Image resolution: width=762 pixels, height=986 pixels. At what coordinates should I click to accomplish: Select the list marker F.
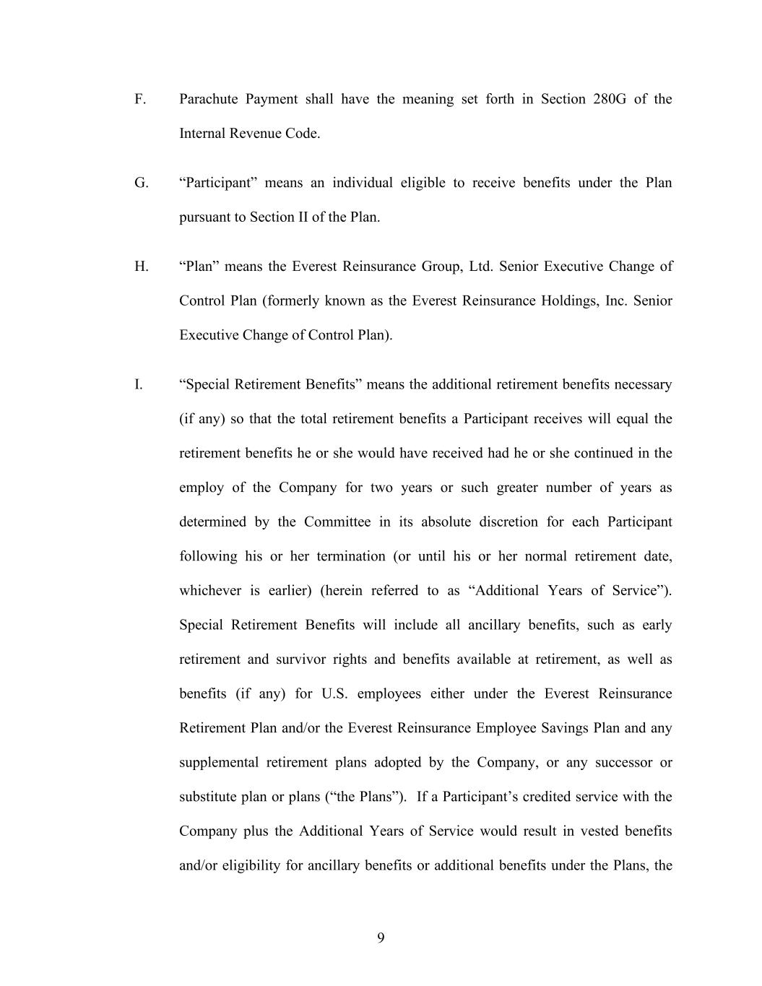pyautogui.click(x=140, y=99)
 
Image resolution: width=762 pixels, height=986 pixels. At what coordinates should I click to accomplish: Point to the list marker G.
pyautogui.click(x=141, y=183)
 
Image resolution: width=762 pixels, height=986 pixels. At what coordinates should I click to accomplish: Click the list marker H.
pyautogui.click(x=141, y=267)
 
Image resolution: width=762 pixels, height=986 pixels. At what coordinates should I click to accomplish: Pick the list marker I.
pyautogui.click(x=138, y=384)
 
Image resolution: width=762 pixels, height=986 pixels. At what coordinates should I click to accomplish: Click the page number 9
pyautogui.click(x=381, y=938)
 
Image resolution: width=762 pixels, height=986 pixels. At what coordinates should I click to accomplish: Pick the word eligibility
pyautogui.click(x=251, y=865)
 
